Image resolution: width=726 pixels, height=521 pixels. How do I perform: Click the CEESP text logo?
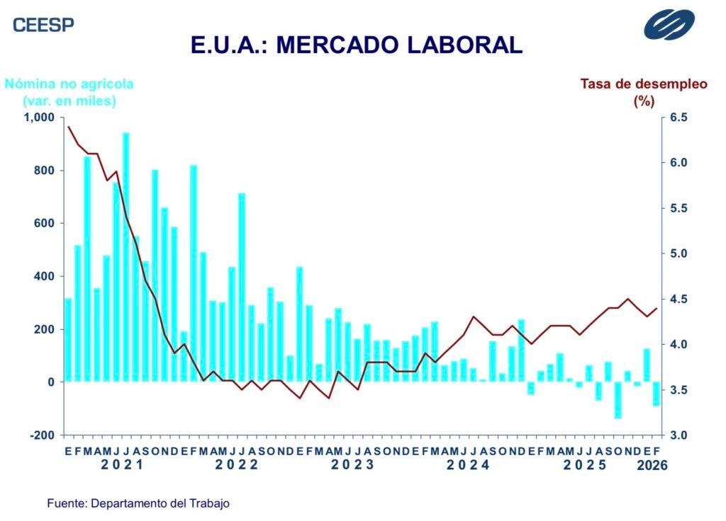(43, 25)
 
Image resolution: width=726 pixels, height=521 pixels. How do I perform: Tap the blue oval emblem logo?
(674, 24)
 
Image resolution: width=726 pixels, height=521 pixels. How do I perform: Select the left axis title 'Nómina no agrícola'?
(69, 84)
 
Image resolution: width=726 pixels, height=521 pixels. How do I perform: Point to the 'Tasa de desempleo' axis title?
(644, 84)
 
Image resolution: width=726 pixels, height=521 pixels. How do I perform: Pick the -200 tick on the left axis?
(43, 435)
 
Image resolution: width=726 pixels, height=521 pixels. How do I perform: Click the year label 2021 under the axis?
(121, 465)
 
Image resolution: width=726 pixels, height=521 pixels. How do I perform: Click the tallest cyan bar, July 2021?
(126, 257)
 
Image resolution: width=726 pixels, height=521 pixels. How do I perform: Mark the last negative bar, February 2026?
(657, 394)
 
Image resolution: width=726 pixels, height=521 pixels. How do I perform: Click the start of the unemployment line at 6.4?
(68, 127)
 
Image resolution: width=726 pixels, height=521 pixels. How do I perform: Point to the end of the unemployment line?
(657, 308)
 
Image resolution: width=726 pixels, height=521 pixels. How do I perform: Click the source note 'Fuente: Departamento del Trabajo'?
(138, 503)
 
